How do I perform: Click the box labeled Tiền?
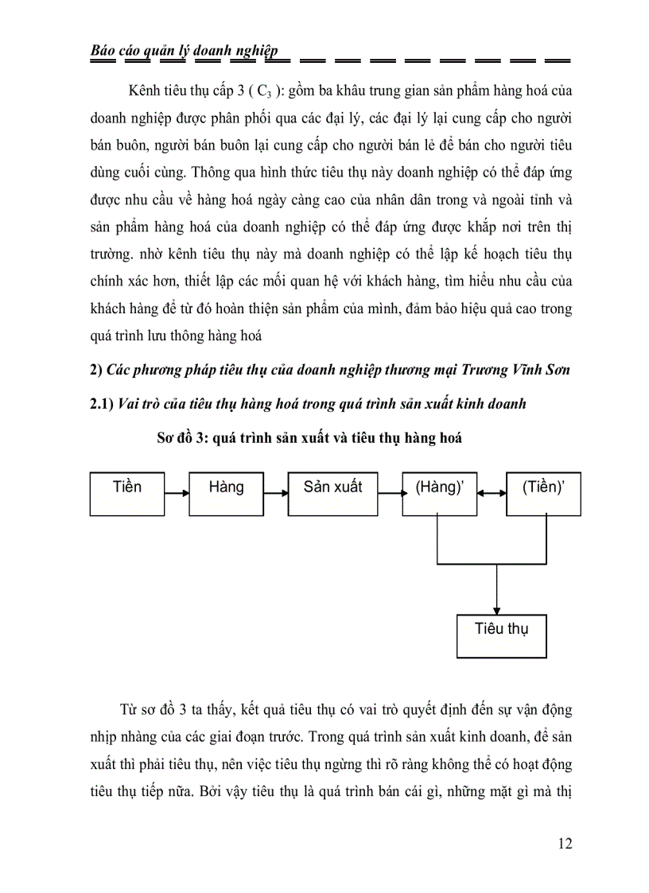pyautogui.click(x=127, y=494)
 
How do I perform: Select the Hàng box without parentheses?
pyautogui.click(x=226, y=494)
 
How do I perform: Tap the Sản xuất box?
pyautogui.click(x=332, y=494)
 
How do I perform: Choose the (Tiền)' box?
pyautogui.click(x=542, y=494)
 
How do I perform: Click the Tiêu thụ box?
pyautogui.click(x=501, y=635)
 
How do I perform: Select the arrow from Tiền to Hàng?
pyautogui.click(x=177, y=494)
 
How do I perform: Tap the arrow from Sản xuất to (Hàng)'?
pyautogui.click(x=391, y=494)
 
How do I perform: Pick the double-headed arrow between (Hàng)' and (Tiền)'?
pyautogui.click(x=491, y=494)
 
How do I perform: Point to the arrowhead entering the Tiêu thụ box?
pyautogui.click(x=496, y=608)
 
